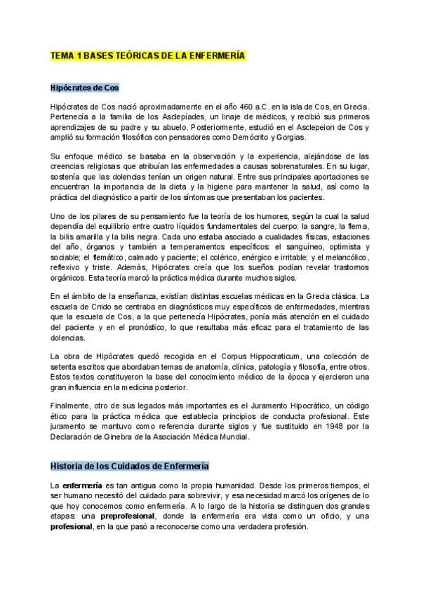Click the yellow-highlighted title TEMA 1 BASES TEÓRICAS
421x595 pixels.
coord(147,55)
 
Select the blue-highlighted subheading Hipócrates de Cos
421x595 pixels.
coord(84,88)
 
